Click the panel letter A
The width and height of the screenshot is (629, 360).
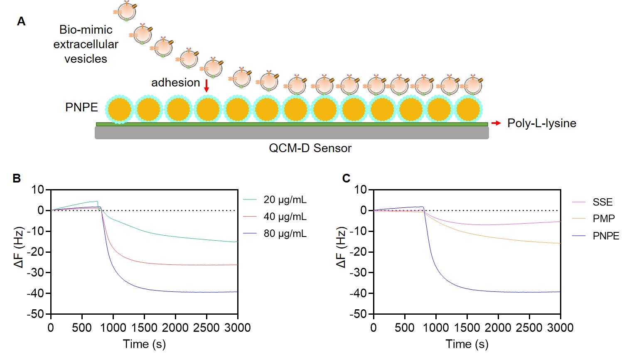[21, 21]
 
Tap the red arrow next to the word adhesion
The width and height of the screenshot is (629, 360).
[206, 86]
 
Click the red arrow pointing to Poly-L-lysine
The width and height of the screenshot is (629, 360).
[496, 123]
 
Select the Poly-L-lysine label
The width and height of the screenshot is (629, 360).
[541, 123]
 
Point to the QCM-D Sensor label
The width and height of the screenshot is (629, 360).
[310, 148]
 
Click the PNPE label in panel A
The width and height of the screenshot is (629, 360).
[81, 107]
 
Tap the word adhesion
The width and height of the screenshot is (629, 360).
[175, 82]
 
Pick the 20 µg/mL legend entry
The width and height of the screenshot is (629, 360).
[285, 200]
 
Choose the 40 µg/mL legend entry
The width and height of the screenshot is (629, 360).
[285, 217]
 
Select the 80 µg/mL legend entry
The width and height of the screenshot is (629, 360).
[285, 234]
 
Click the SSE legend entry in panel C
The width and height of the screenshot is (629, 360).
[602, 202]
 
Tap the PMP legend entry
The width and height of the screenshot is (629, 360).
[603, 219]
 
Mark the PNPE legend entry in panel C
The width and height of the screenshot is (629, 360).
[606, 236]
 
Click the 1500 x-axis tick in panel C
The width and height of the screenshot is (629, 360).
[467, 328]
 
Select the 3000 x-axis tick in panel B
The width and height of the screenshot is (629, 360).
[237, 328]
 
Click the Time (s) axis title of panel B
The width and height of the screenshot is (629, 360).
[144, 344]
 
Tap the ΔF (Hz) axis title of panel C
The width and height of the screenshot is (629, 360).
[341, 247]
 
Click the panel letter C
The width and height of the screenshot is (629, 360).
[346, 178]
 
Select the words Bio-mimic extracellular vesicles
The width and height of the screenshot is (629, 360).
[86, 44]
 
